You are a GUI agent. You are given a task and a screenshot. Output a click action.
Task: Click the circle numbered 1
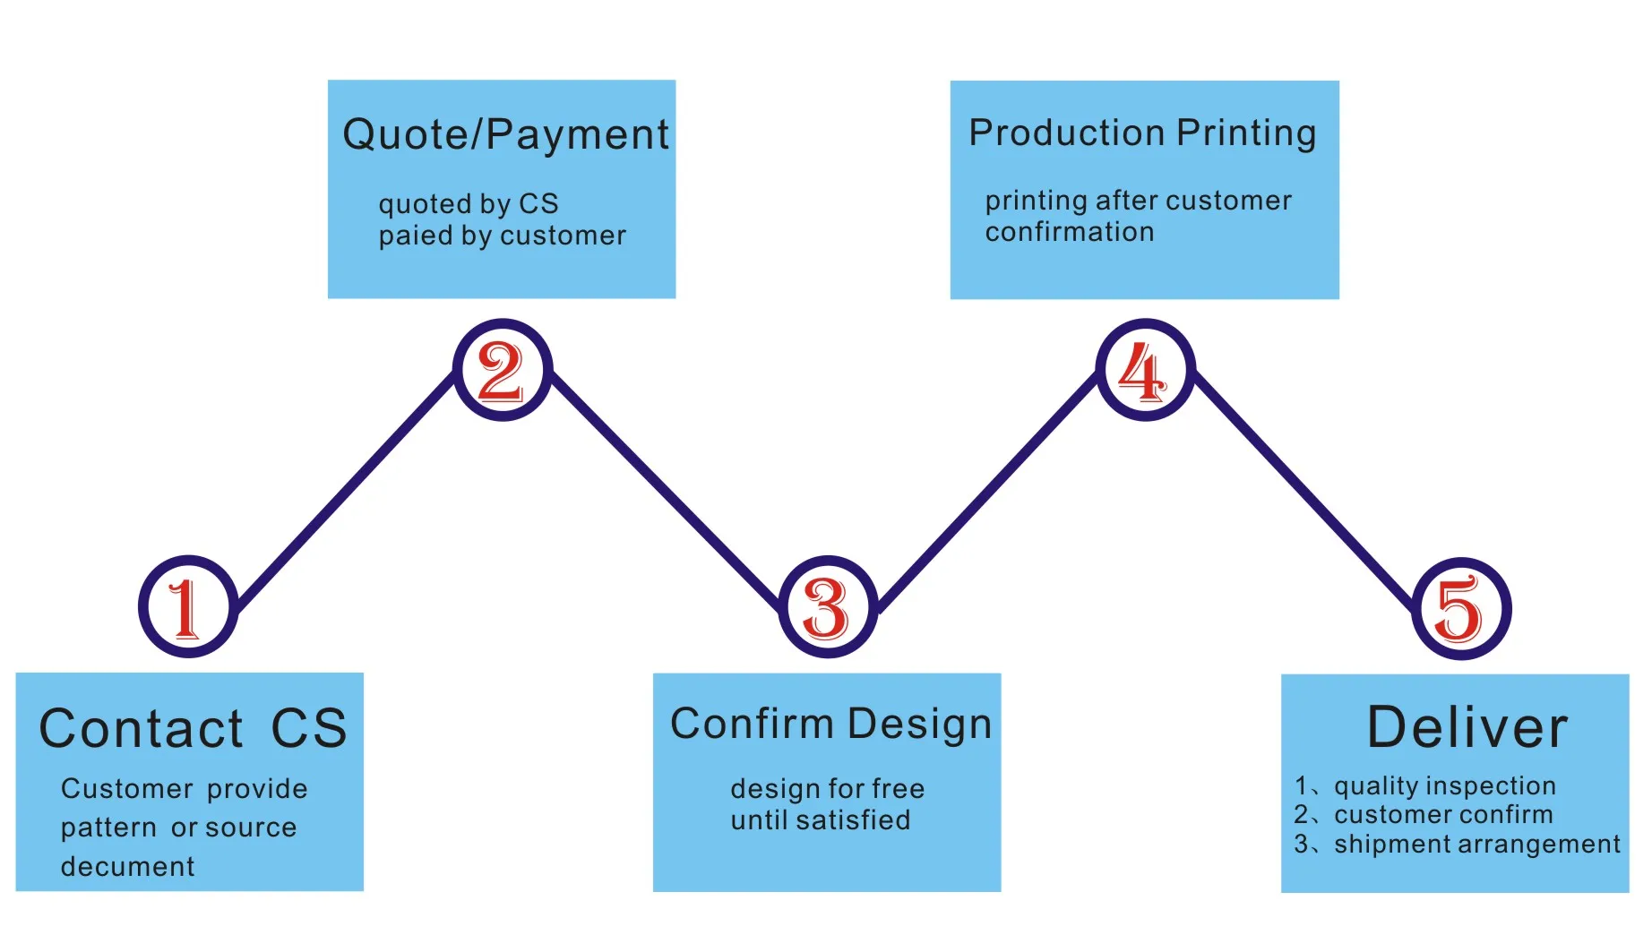(x=188, y=607)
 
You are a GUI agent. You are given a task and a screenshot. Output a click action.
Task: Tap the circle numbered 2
(x=502, y=370)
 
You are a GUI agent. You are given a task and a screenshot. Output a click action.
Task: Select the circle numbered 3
(x=827, y=607)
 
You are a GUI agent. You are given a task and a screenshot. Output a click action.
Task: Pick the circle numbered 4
(x=1144, y=370)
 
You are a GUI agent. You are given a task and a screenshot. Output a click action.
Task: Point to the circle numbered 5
(x=1460, y=609)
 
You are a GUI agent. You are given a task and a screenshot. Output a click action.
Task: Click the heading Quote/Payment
(x=505, y=135)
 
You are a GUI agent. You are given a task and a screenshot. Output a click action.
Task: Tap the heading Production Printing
(x=1142, y=133)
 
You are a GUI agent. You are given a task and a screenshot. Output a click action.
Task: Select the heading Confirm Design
(x=830, y=724)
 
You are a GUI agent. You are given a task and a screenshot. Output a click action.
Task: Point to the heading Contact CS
(x=193, y=727)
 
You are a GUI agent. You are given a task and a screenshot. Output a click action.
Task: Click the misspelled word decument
(x=127, y=866)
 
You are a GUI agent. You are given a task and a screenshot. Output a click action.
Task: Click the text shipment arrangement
(x=1476, y=844)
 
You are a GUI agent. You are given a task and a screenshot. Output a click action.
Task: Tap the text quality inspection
(x=1444, y=785)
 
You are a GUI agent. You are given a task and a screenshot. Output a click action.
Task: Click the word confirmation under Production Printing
(x=1069, y=232)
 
